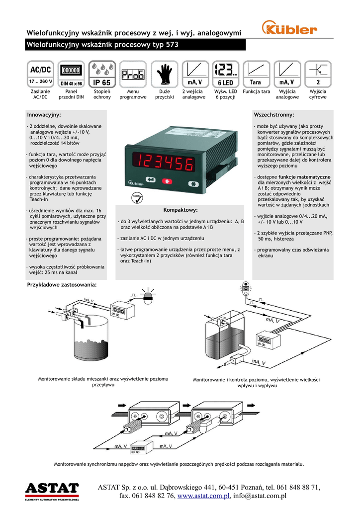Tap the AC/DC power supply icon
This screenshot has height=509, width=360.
(41, 74)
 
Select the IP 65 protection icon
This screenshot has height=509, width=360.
(102, 74)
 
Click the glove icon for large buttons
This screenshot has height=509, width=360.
(164, 74)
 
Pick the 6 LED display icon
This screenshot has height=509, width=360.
(225, 74)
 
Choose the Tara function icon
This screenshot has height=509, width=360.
(256, 74)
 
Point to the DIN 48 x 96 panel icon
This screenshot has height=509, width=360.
(71, 74)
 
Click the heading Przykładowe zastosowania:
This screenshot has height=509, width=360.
(61, 285)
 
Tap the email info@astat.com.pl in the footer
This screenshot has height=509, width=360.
(260, 496)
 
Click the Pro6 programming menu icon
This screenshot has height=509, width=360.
(133, 74)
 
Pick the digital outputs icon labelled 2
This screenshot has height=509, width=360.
(318, 74)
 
